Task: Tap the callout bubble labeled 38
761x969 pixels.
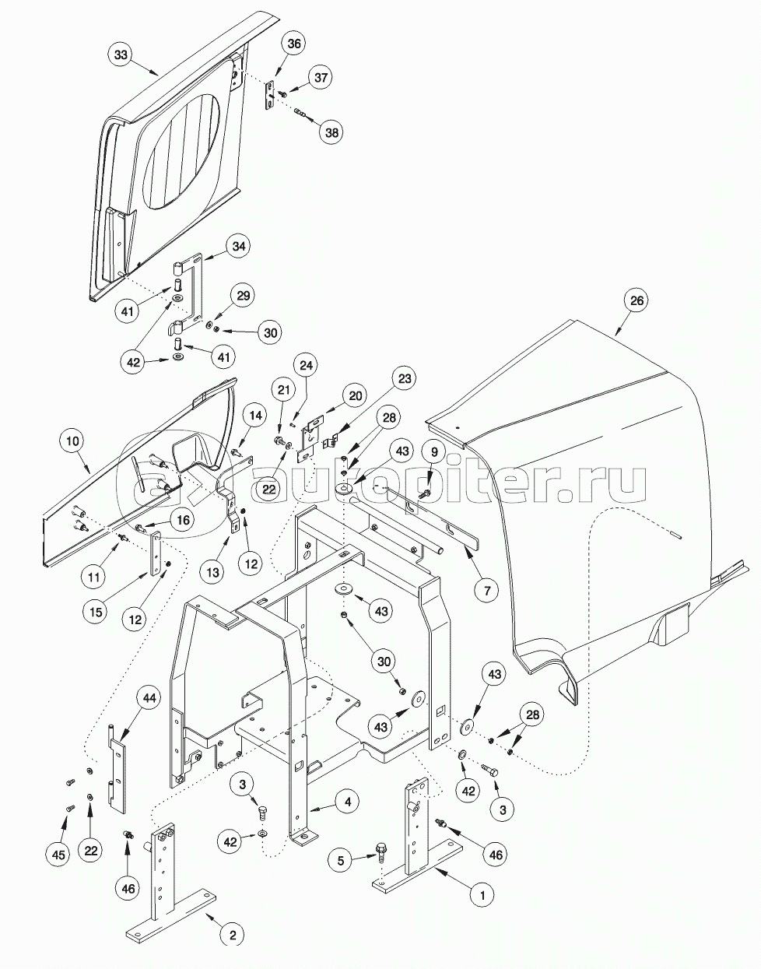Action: [332, 132]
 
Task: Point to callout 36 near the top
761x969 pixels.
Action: [293, 44]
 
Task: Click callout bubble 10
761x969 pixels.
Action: [72, 441]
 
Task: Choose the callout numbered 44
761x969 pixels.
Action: [149, 698]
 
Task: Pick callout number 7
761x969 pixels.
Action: [486, 592]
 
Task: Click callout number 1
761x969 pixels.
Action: [482, 896]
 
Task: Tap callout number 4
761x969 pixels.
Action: [348, 800]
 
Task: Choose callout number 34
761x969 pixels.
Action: [239, 248]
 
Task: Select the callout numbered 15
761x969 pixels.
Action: [95, 613]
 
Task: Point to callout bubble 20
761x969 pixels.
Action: [355, 395]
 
